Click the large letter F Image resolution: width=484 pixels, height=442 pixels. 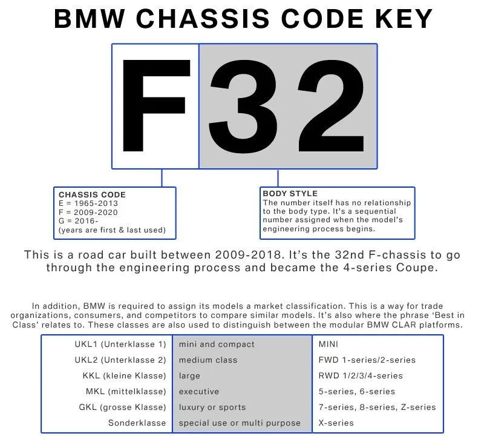pos(156,106)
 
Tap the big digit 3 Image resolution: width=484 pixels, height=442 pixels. pos(253,106)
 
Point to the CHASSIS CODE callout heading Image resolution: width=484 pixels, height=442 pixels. pos(92,195)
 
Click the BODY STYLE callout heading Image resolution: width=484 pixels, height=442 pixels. pos(290,194)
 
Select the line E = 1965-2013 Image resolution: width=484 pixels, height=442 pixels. pos(88,203)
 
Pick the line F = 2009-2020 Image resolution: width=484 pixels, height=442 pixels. pos(88,213)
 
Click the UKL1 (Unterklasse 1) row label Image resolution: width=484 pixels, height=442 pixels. pos(120,344)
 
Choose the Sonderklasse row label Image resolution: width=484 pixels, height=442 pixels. pos(137,423)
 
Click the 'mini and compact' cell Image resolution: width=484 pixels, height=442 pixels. pos(217,344)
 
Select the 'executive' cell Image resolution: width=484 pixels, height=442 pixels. pos(199,391)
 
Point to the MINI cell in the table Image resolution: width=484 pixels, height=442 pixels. pos(329,344)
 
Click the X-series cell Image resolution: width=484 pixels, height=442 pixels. pos(336,423)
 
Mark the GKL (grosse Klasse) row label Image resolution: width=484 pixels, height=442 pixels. pos(122,407)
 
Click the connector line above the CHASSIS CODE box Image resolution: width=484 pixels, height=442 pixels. pos(162,177)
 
